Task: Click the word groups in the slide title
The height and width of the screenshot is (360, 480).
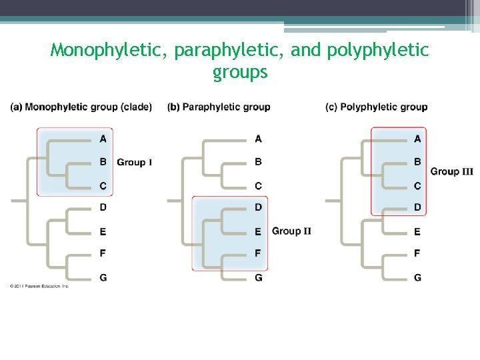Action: pos(240,72)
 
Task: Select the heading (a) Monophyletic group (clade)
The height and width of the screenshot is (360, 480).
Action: pos(81,107)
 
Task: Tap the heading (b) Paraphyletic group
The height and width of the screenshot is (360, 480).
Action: pos(219,107)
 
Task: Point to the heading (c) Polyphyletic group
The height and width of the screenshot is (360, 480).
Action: pos(377,107)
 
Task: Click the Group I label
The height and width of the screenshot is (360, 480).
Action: pos(135,162)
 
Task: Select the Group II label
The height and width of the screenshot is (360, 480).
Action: pos(291,231)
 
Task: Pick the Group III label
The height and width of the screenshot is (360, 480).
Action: pos(452,171)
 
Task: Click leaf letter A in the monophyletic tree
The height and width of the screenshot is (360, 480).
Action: pos(103,139)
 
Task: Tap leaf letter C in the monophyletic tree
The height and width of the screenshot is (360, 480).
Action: pos(103,185)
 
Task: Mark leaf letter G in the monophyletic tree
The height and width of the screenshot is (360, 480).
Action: pos(103,277)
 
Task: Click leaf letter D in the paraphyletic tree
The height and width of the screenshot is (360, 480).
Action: pos(259,207)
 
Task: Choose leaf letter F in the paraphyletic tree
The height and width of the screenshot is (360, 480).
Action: pos(259,253)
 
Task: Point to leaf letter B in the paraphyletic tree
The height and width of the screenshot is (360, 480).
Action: pos(259,161)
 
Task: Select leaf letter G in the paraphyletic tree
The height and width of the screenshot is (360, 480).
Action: pos(259,277)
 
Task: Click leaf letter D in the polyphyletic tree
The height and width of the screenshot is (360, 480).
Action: pos(417,207)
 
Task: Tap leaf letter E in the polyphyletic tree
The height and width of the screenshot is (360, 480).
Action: pos(417,231)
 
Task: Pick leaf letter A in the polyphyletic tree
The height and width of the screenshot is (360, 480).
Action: pos(417,139)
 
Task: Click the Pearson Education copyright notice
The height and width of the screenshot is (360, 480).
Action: pos(39,286)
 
